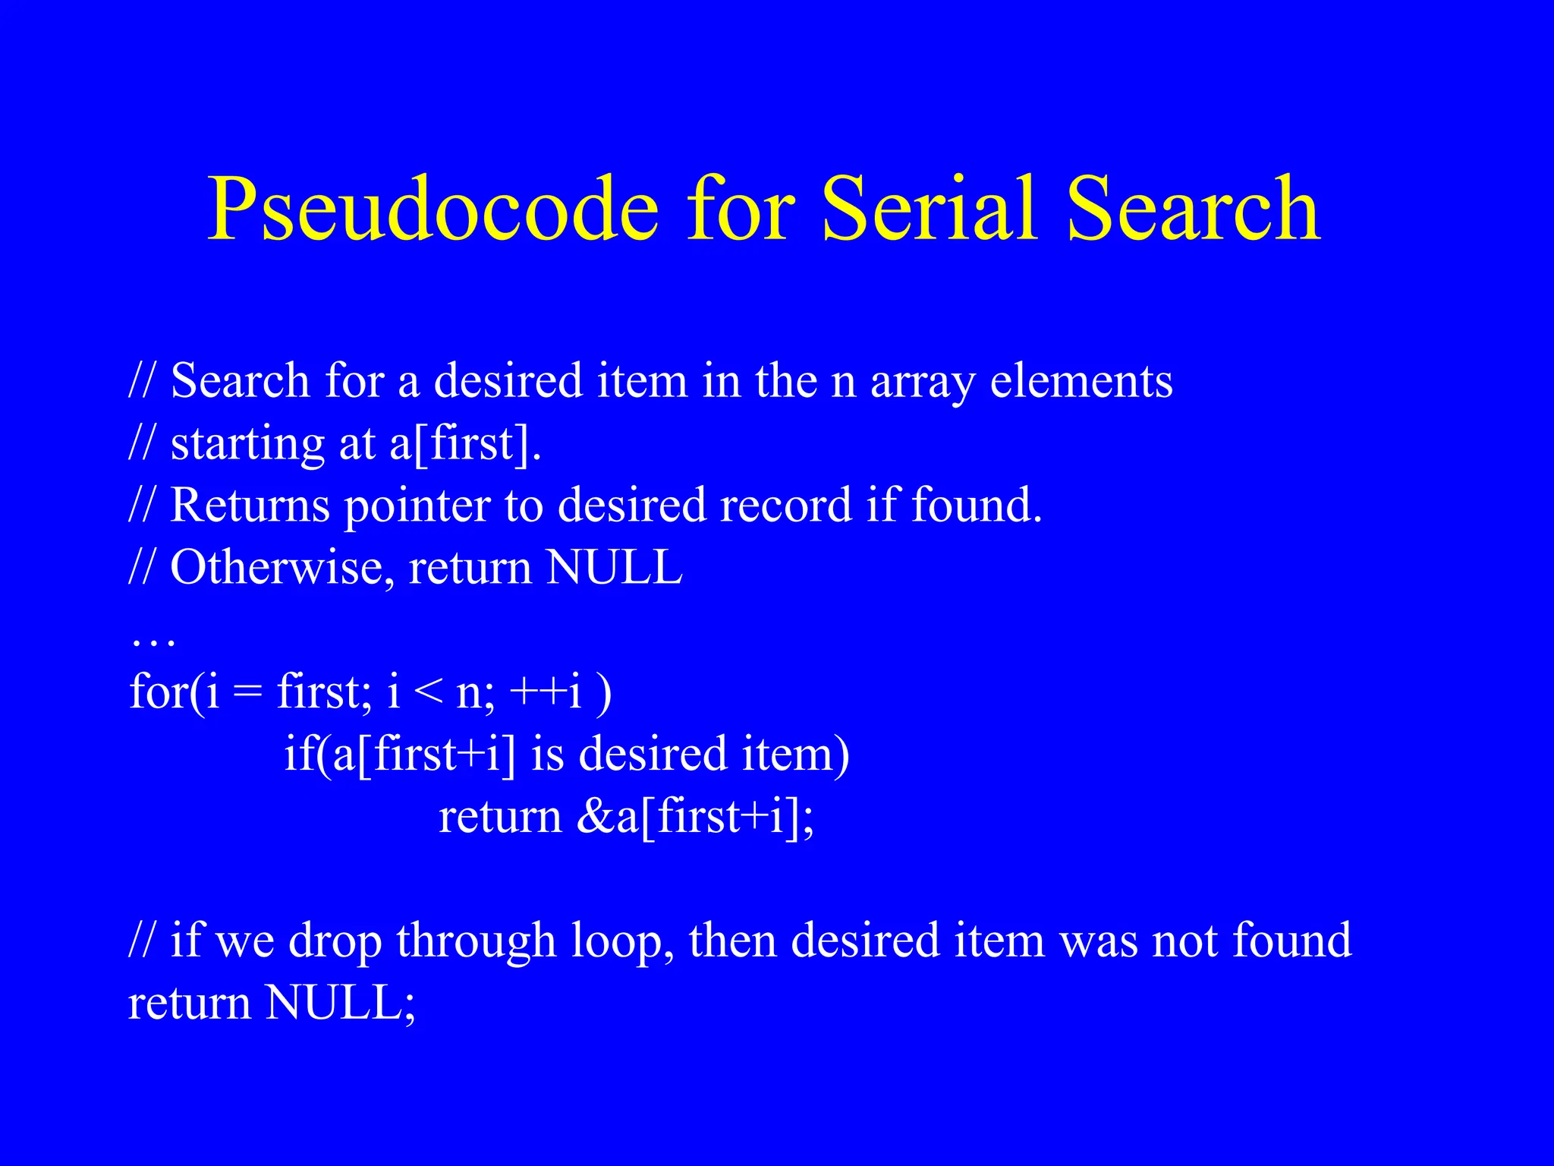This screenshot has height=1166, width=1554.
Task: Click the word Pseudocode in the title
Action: [x=433, y=209]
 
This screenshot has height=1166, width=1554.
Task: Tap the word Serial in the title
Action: [x=929, y=209]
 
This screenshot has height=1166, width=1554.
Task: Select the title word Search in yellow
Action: [x=1193, y=209]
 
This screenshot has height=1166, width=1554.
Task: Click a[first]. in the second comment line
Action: [x=465, y=443]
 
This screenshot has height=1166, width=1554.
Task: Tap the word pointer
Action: [x=418, y=507]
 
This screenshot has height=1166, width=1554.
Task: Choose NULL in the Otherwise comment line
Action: [x=614, y=567]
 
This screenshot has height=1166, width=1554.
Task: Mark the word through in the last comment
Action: [x=477, y=941]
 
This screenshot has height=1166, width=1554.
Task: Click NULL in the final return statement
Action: [x=339, y=1003]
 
